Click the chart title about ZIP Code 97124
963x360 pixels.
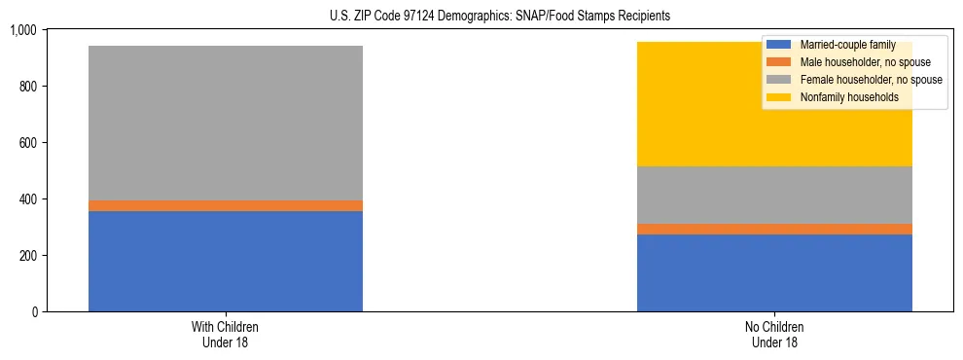[x=482, y=17]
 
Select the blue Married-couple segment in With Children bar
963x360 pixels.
[x=226, y=261]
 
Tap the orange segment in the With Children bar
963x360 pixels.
[x=226, y=205]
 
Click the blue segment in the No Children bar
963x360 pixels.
[x=774, y=272]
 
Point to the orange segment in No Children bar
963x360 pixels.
[x=774, y=229]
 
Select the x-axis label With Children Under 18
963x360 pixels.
[x=226, y=334]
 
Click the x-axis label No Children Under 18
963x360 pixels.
[x=774, y=334]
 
